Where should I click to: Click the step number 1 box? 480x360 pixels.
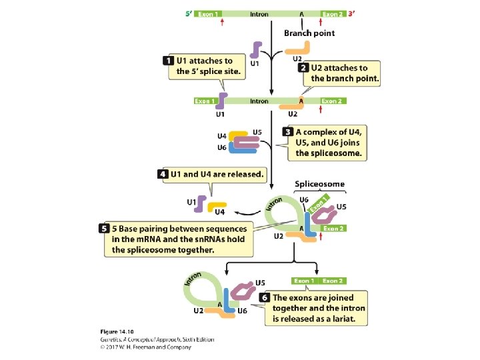tap(169, 61)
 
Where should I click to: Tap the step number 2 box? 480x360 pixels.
tap(303, 67)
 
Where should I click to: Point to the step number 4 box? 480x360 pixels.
tap(163, 174)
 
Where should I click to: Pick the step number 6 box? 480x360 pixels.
tap(265, 297)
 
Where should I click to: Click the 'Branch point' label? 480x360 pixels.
tap(309, 33)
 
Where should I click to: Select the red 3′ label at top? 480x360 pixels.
tap(351, 13)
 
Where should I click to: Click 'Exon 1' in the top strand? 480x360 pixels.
tap(207, 13)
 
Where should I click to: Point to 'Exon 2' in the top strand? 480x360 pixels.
tap(332, 13)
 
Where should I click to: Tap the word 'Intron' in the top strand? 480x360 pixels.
tap(259, 13)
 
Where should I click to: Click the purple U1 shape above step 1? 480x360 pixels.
tap(255, 51)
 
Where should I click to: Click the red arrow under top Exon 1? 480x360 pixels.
tap(222, 22)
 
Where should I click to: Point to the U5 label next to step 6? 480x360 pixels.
tap(261, 283)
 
